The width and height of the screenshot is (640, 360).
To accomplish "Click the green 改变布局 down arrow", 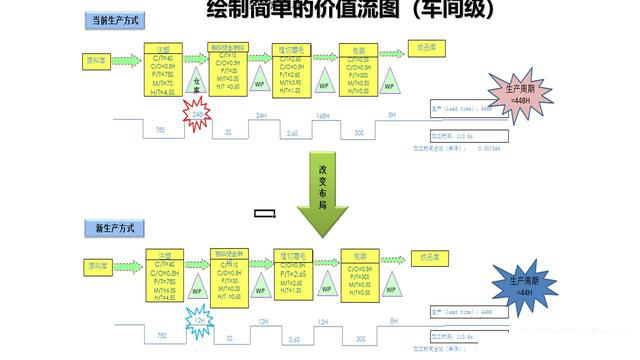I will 323,196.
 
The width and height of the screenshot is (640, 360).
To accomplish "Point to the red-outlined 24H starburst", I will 198,118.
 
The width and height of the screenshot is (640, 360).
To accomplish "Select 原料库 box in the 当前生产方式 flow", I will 96,59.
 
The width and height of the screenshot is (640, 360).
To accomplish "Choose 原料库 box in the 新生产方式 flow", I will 96,267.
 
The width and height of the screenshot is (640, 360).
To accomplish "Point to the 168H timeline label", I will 323,117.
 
